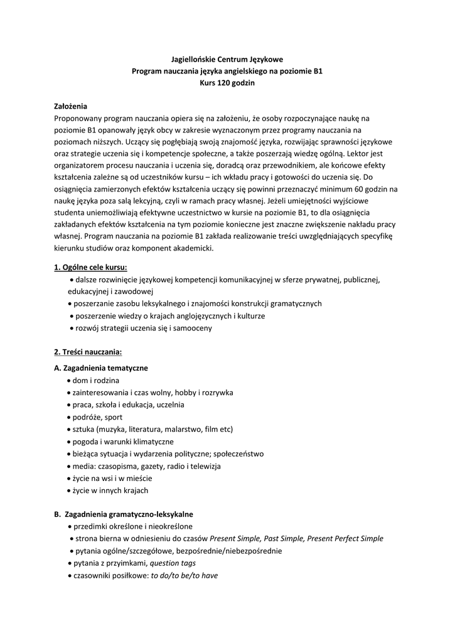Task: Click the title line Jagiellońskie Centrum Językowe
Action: (x=227, y=59)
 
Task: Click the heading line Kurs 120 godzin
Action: (x=227, y=84)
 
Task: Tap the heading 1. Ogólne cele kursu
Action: (x=90, y=267)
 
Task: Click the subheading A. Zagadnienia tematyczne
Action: (x=101, y=368)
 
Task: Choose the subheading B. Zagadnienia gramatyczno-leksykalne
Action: (x=124, y=514)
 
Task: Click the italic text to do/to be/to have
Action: (x=184, y=575)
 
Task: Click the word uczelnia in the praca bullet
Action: (x=170, y=405)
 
